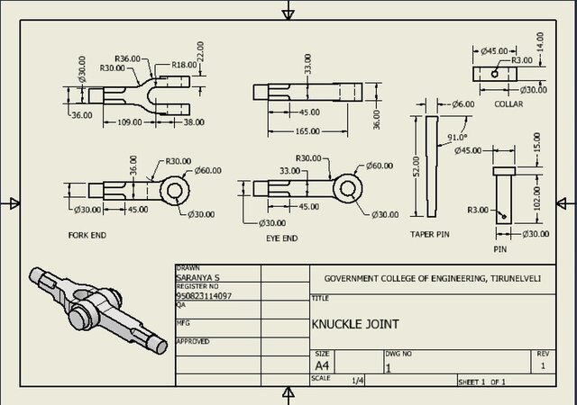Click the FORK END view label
[87, 235]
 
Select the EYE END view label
[283, 238]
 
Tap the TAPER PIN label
[430, 234]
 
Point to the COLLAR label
[508, 104]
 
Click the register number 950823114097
[204, 295]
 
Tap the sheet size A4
[322, 366]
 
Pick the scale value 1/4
[358, 381]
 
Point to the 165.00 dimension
[307, 131]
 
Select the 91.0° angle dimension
[457, 137]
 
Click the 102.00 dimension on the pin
[537, 197]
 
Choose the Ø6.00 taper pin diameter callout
[463, 104]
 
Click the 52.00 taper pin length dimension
[416, 167]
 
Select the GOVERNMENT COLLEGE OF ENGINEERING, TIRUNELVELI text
[433, 279]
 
